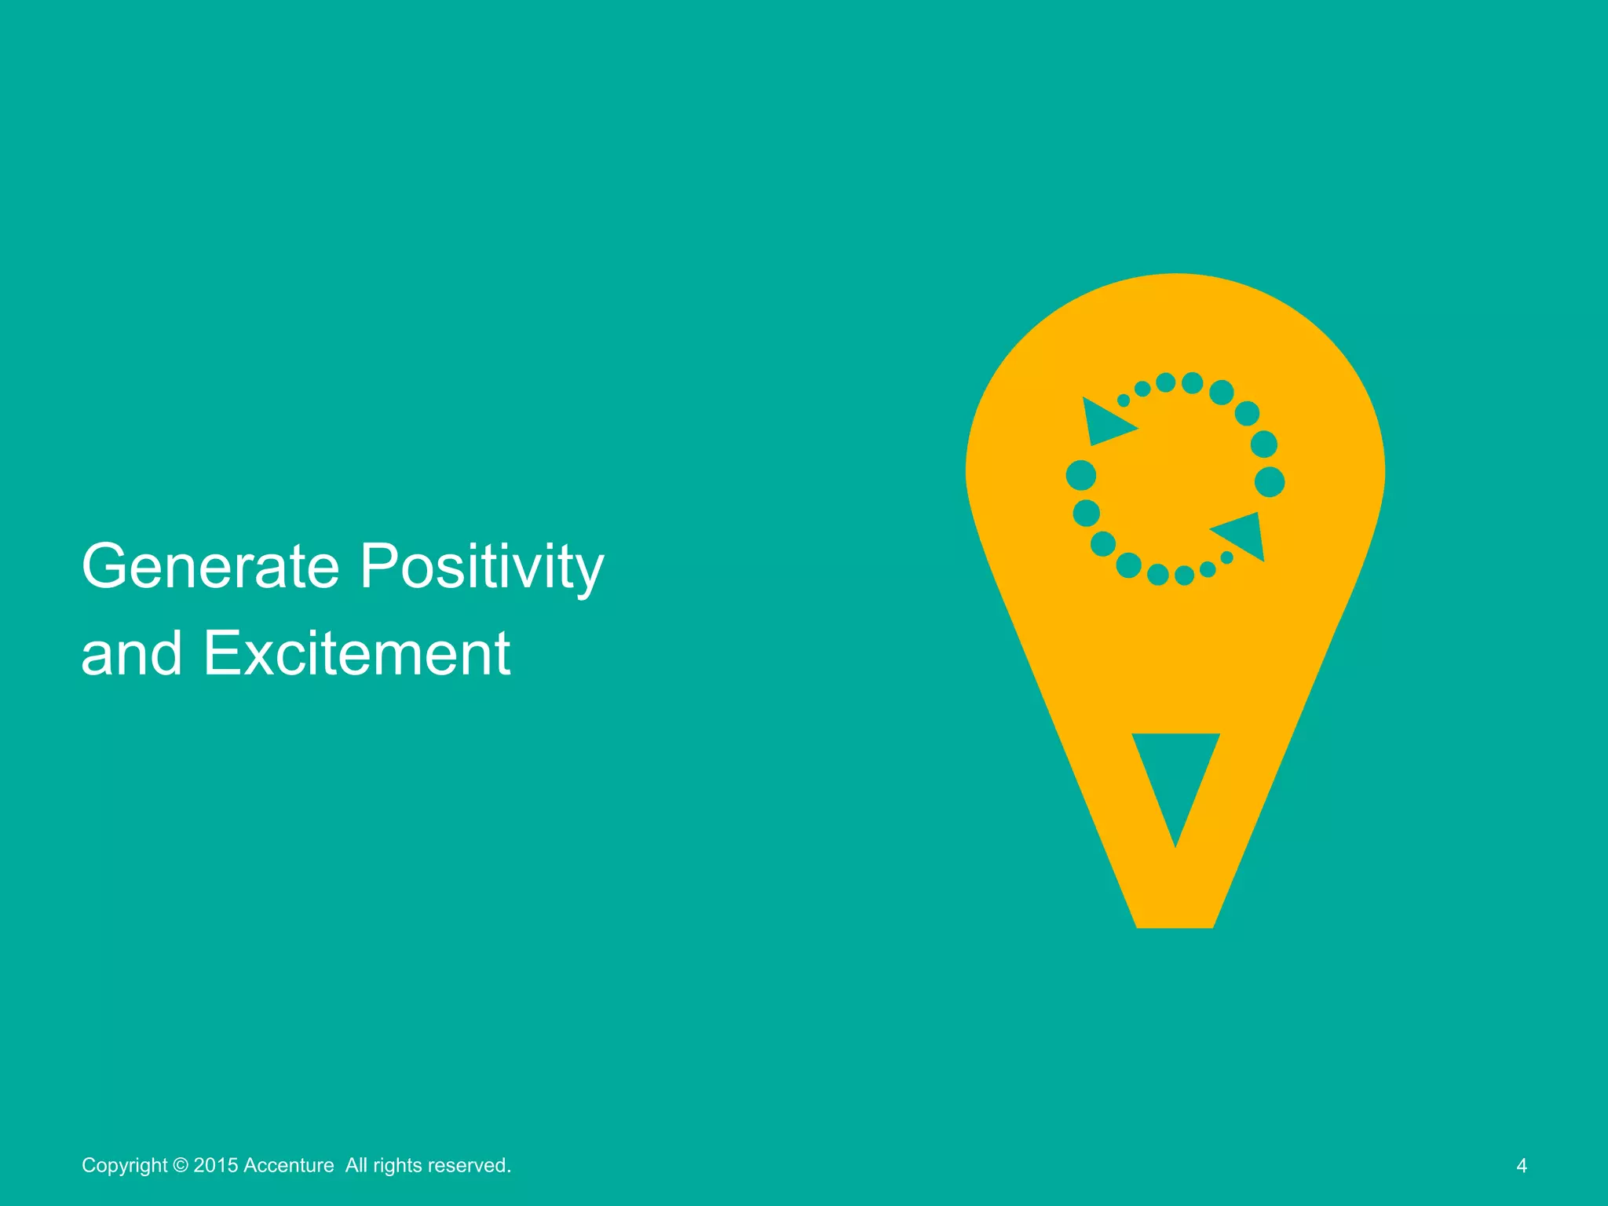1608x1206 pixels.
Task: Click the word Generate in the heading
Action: click(x=210, y=566)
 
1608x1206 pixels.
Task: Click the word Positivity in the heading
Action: click(x=482, y=568)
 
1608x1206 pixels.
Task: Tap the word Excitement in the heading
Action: click(x=357, y=653)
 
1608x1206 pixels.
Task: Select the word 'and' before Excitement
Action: click(x=132, y=653)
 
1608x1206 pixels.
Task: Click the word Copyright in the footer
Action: click(x=124, y=1165)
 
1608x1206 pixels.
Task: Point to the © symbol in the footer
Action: click(x=181, y=1165)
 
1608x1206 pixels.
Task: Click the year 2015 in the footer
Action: click(x=216, y=1165)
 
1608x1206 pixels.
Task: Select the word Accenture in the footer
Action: click(x=288, y=1165)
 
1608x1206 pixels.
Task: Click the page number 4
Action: click(x=1522, y=1165)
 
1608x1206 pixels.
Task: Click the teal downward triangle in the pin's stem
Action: click(x=1175, y=773)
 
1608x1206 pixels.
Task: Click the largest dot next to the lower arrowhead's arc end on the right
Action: click(x=1270, y=482)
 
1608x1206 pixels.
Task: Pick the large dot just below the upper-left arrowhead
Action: click(x=1081, y=475)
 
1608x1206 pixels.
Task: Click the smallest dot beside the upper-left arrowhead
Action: click(x=1124, y=400)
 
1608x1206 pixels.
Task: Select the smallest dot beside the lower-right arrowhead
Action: click(x=1227, y=557)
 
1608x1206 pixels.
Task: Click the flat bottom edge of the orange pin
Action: click(x=1175, y=926)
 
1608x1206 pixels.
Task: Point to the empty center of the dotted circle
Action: click(x=1175, y=479)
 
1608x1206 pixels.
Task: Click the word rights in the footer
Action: click(x=397, y=1165)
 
